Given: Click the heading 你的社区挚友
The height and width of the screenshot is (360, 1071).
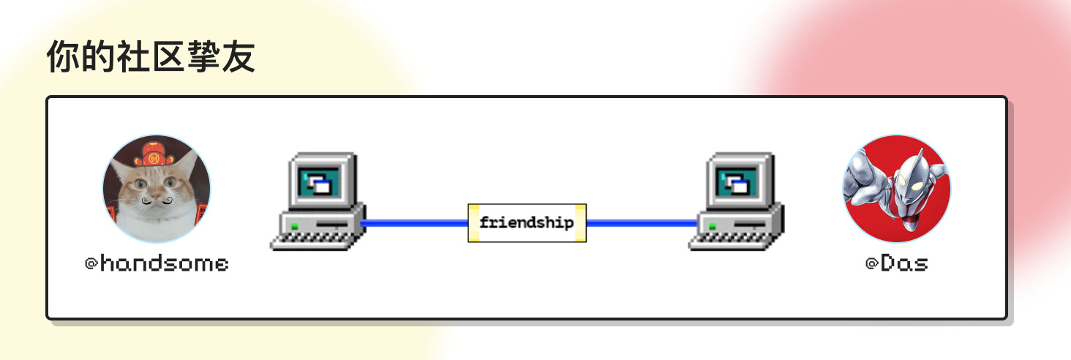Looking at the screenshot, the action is (x=151, y=57).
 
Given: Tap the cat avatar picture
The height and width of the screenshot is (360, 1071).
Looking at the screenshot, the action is (x=157, y=189).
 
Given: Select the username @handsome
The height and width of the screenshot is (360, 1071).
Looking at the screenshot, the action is (x=157, y=263).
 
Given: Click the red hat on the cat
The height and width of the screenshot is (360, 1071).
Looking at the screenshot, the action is (x=154, y=154).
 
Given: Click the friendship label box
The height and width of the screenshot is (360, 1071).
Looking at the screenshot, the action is (x=527, y=222).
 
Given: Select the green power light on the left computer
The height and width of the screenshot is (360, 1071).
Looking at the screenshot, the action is (x=295, y=225).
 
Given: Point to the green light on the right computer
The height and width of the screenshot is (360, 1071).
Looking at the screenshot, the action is (x=713, y=225).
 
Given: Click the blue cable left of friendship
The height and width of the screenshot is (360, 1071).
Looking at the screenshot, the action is (x=414, y=222).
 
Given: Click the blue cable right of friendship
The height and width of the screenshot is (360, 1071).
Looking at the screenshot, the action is (x=642, y=222).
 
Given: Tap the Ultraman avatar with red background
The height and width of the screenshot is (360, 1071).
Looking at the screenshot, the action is (x=896, y=189).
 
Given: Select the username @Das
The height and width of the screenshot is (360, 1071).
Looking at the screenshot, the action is (x=897, y=263).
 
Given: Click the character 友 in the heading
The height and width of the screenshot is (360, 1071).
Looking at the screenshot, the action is (x=238, y=57).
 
